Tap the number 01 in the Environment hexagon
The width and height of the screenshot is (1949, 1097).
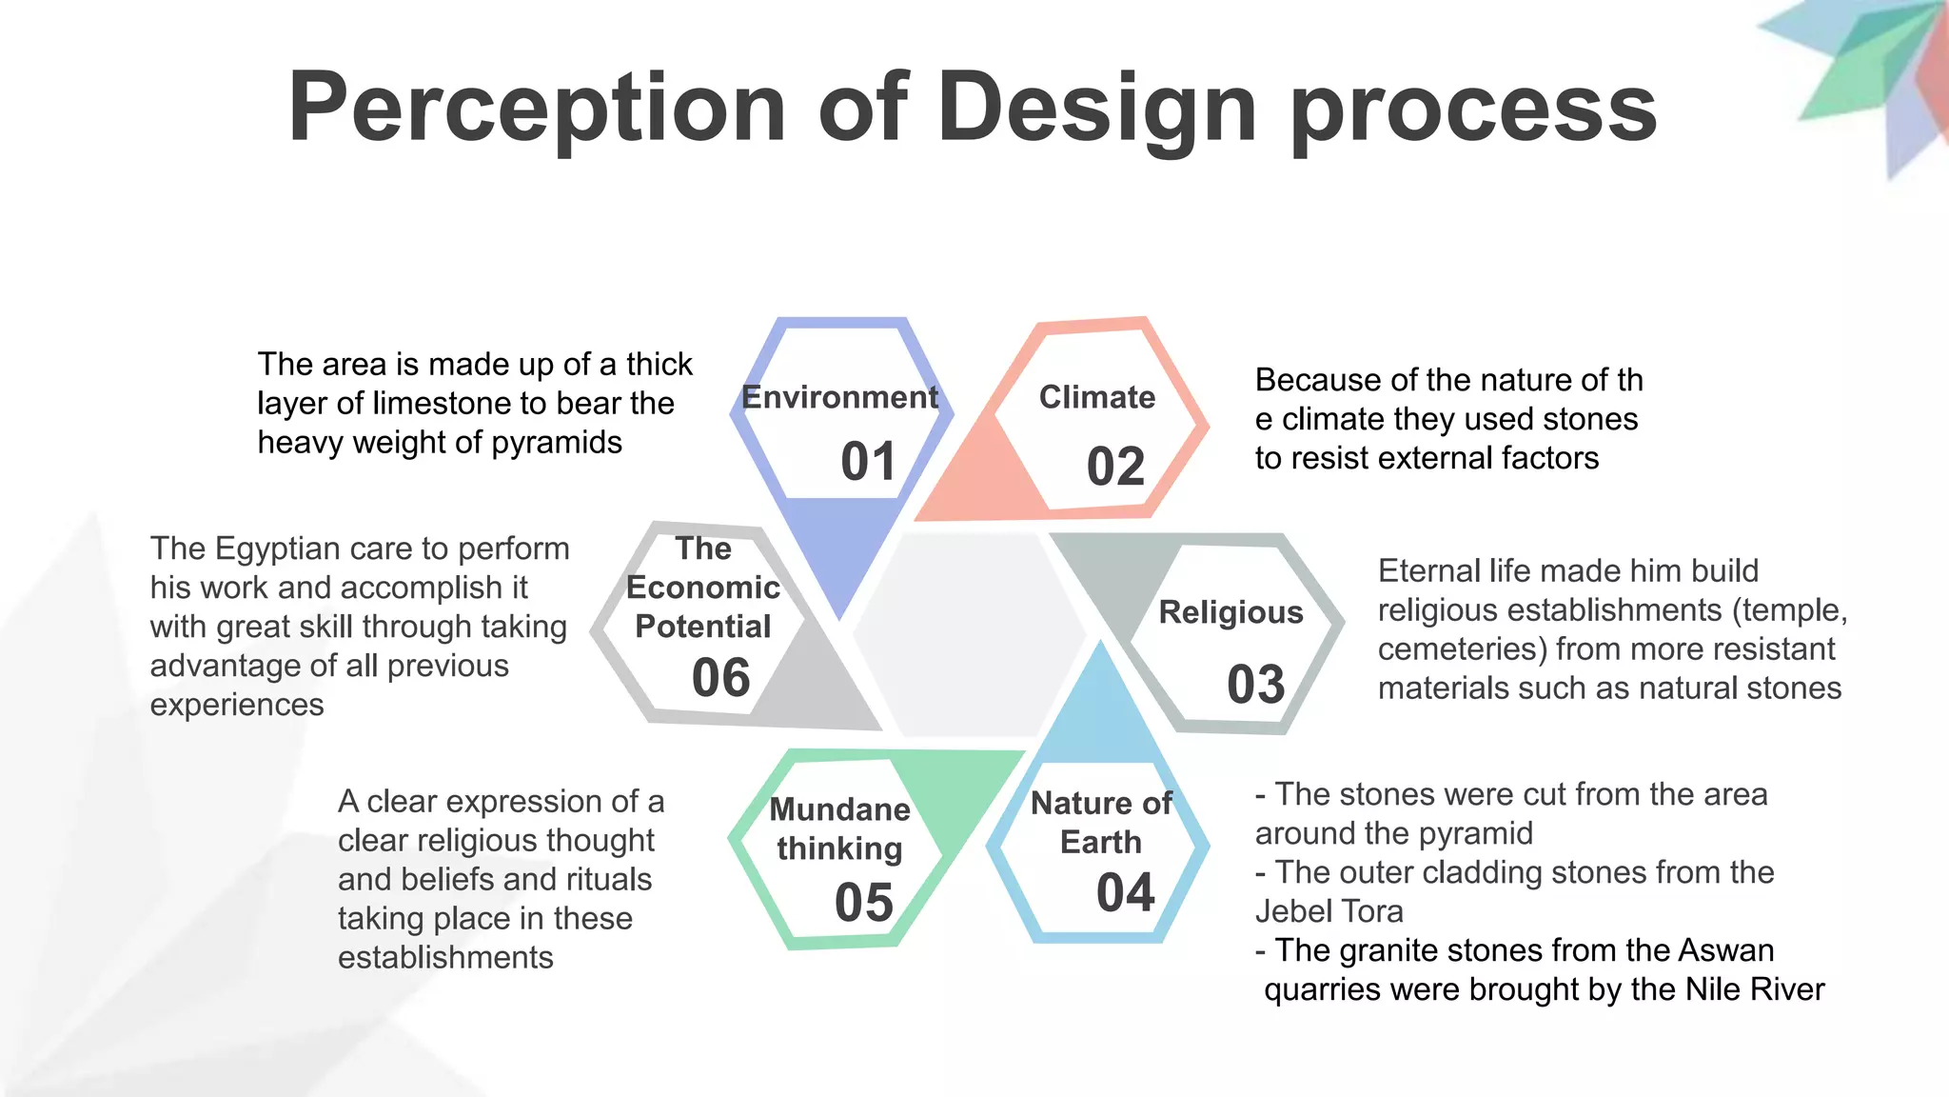pyautogui.click(x=868, y=462)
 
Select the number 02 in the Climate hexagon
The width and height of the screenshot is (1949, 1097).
pyautogui.click(x=1115, y=467)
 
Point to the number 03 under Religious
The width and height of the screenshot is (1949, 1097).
pyautogui.click(x=1255, y=685)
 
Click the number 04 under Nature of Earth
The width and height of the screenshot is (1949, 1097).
pyautogui.click(x=1125, y=893)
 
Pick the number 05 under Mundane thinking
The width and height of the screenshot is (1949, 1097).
pyautogui.click(x=863, y=903)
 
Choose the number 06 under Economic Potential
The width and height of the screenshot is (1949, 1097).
pyautogui.click(x=720, y=678)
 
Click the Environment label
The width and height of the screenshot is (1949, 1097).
pyautogui.click(x=839, y=397)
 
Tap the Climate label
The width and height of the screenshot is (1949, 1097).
pyautogui.click(x=1096, y=397)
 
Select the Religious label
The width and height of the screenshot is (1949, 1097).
pyautogui.click(x=1230, y=612)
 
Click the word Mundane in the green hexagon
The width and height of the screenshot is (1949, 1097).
pyautogui.click(x=839, y=809)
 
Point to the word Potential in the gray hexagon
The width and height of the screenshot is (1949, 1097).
pyautogui.click(x=702, y=627)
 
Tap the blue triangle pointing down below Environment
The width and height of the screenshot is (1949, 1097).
pyautogui.click(x=840, y=552)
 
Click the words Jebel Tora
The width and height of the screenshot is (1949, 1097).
pyautogui.click(x=1329, y=911)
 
